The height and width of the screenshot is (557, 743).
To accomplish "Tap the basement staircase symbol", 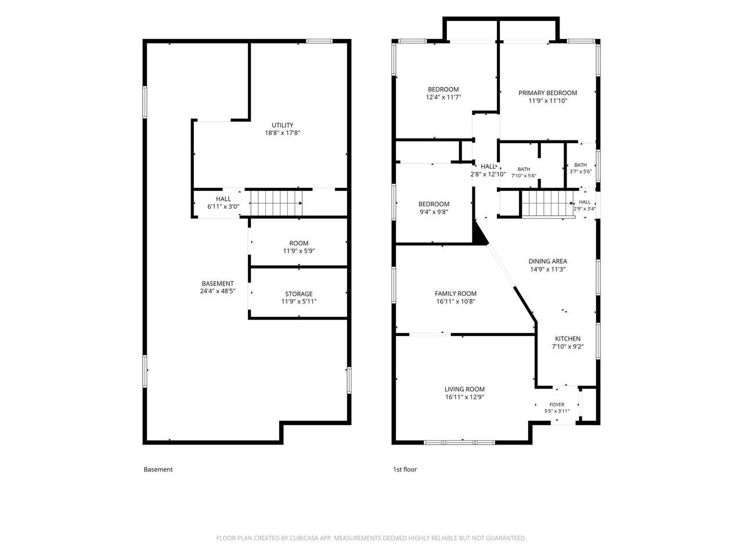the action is pos(276,203).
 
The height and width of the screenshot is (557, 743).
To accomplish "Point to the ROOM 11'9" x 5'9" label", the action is pos(299,247).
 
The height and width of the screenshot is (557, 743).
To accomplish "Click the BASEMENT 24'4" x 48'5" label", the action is pos(218,287).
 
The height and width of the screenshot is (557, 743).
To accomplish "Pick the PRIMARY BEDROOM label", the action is pos(547,93).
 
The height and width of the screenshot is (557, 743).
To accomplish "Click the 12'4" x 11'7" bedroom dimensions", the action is pos(443,97).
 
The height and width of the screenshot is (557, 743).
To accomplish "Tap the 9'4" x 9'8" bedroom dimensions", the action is pos(434,212).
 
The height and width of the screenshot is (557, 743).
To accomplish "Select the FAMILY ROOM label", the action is pos(455,294).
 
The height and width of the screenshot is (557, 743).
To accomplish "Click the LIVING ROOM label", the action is pos(464,389).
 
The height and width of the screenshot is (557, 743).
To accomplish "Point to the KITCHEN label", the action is pos(568,338).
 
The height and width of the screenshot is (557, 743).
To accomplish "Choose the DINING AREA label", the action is pos(547,261).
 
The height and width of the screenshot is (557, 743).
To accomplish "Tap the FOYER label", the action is pos(557,404).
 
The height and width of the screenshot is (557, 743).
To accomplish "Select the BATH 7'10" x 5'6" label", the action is pos(524,172).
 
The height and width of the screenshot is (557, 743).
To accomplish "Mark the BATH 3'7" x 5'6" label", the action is pos(580,168).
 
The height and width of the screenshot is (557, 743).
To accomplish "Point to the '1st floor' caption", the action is pos(405,469).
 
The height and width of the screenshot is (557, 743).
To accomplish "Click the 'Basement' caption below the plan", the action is pos(158,469).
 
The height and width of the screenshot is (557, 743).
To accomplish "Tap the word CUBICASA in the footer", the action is pos(304,538).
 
